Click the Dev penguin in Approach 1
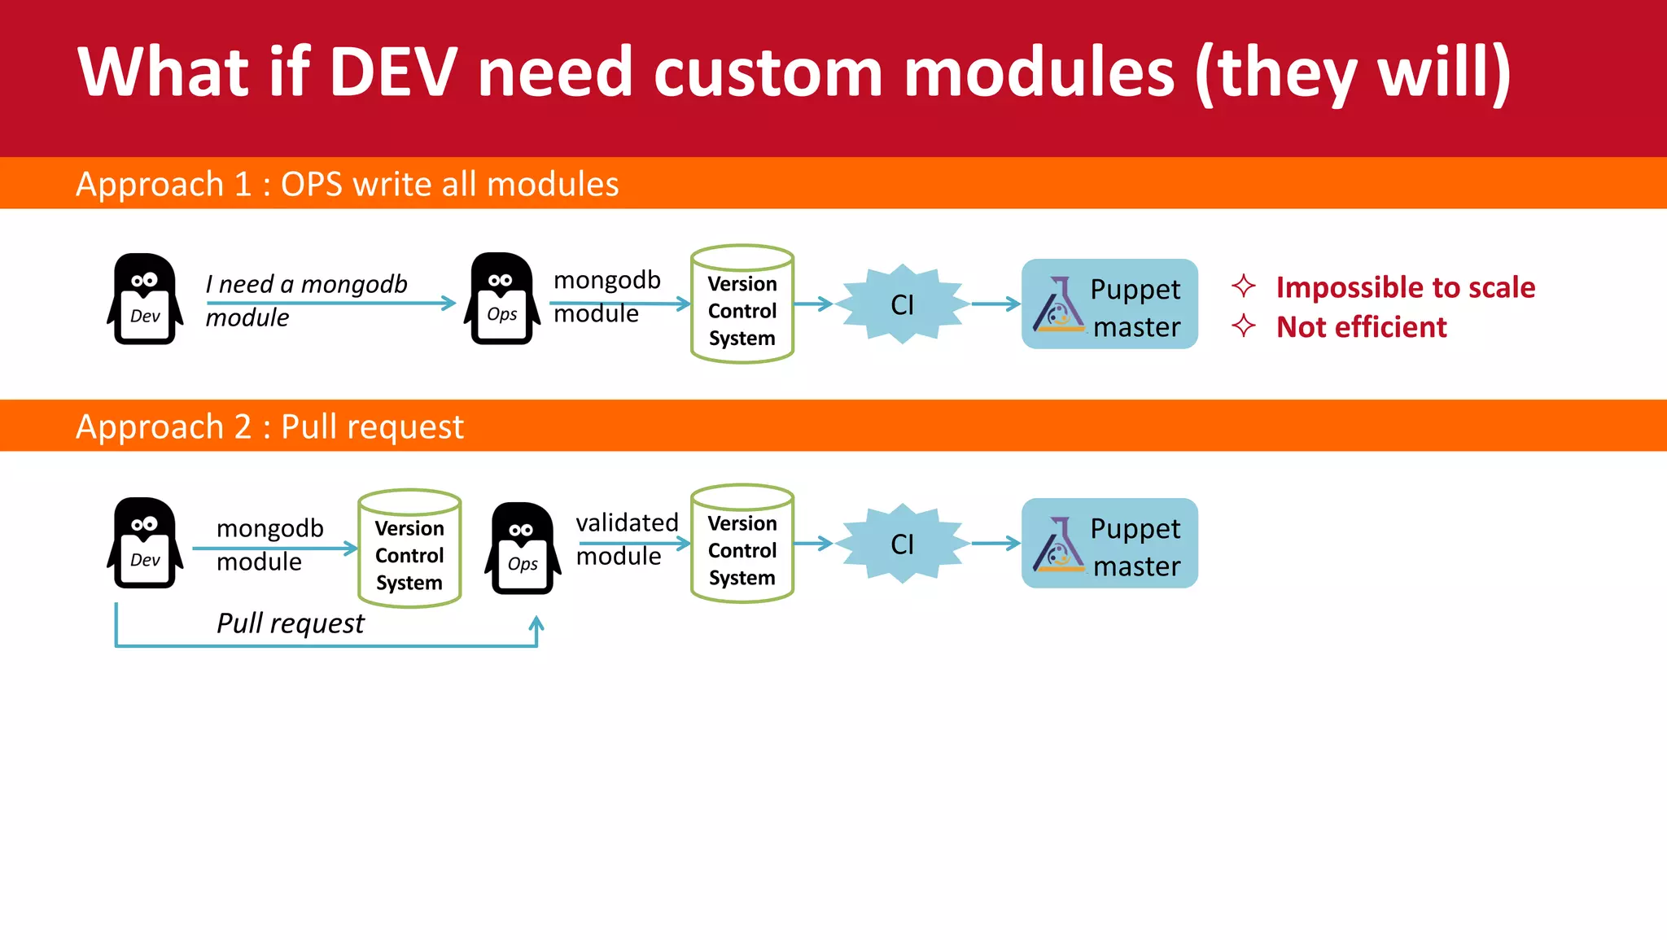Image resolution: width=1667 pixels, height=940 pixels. pyautogui.click(x=145, y=299)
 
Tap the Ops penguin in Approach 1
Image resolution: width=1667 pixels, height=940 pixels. pyautogui.click(x=501, y=299)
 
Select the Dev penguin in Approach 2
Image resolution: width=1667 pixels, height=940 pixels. pyautogui.click(x=145, y=543)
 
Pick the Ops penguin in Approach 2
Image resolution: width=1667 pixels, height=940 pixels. pyautogui.click(x=523, y=549)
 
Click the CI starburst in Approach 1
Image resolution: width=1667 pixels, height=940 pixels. pyautogui.click(x=902, y=304)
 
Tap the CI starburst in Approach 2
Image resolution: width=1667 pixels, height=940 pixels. pyautogui.click(x=902, y=543)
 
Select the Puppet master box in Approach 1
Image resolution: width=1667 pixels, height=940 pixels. pyautogui.click(x=1109, y=304)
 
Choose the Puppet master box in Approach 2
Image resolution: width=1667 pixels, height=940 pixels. pyautogui.click(x=1109, y=543)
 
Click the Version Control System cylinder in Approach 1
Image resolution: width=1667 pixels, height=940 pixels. pyautogui.click(x=742, y=304)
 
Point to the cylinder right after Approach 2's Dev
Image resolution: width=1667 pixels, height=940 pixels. pyautogui.click(x=409, y=549)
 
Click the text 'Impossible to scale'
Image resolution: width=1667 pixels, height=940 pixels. pyautogui.click(x=1405, y=287)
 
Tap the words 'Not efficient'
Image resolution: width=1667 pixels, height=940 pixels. pyautogui.click(x=1361, y=327)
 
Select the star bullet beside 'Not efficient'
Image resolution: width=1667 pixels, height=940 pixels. pyautogui.click(x=1243, y=326)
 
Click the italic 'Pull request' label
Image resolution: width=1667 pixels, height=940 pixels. pyautogui.click(x=290, y=623)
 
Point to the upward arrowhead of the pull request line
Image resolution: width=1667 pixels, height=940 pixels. pyautogui.click(x=536, y=623)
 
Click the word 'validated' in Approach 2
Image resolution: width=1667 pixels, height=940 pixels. pyautogui.click(x=627, y=522)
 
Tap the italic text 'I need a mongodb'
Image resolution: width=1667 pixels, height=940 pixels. pyautogui.click(x=306, y=284)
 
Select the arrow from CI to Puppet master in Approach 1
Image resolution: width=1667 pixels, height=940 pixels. pyautogui.click(x=995, y=304)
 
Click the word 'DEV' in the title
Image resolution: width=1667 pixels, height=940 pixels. pyautogui.click(x=393, y=72)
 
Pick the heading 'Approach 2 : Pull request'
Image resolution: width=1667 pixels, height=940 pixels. pyautogui.click(x=269, y=426)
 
